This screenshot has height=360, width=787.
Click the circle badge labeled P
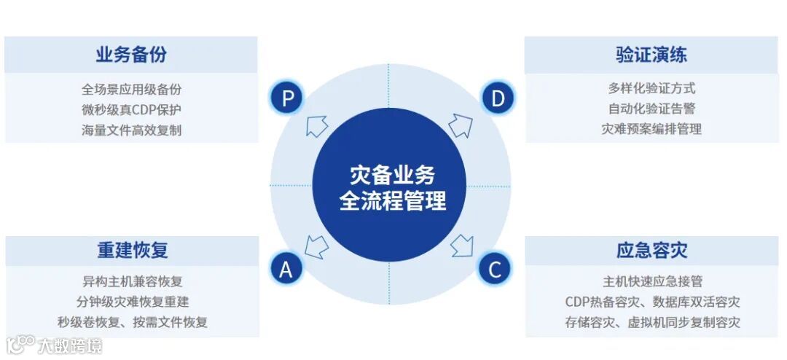click(287, 98)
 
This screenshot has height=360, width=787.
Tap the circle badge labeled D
click(498, 98)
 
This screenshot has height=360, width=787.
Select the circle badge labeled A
click(286, 270)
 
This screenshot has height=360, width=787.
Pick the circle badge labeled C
click(495, 270)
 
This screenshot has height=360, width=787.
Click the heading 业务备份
click(131, 55)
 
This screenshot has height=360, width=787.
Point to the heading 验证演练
click(651, 55)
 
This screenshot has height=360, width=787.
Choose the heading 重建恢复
click(133, 250)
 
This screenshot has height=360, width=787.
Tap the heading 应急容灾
click(651, 250)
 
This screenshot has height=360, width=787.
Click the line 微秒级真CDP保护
click(131, 110)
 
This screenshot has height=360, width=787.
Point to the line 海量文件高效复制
click(131, 130)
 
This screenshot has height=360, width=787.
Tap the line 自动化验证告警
click(651, 109)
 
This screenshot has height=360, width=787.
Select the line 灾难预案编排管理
click(651, 129)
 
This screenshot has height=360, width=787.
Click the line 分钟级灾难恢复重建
click(133, 301)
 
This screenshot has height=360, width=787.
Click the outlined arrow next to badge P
click(316, 125)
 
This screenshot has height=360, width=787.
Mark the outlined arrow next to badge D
click(461, 125)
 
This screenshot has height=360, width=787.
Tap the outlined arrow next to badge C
click(461, 245)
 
